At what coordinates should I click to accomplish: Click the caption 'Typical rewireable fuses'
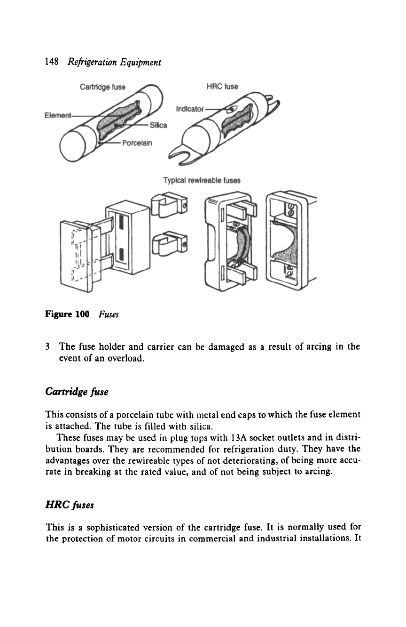tap(202, 180)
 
